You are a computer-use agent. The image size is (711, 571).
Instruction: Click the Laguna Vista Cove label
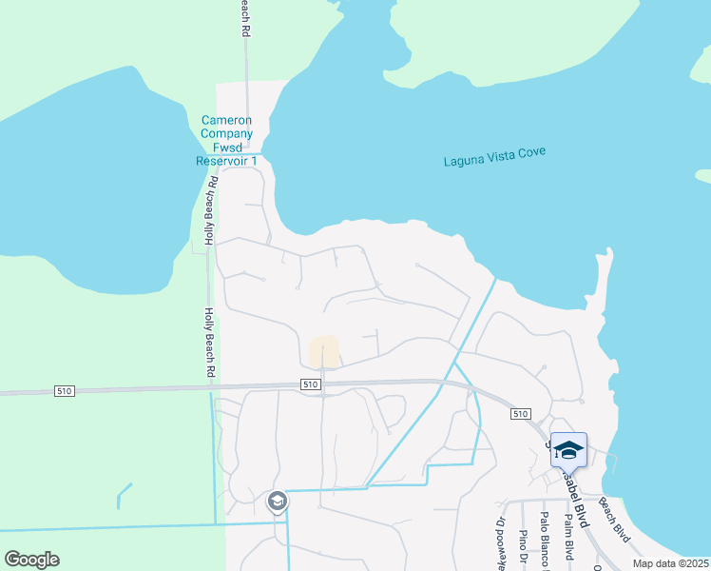click(494, 157)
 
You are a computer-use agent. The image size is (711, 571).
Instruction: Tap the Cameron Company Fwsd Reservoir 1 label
click(227, 141)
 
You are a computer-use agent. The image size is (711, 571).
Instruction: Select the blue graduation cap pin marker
click(568, 449)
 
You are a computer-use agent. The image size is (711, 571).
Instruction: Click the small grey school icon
click(277, 501)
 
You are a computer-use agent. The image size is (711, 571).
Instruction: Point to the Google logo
click(31, 560)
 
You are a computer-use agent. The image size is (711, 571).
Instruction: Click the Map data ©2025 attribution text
click(670, 563)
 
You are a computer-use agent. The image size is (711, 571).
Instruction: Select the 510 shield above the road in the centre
click(309, 384)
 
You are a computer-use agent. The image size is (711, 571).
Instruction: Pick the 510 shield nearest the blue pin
click(519, 414)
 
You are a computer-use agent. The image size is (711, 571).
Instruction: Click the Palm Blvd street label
click(568, 537)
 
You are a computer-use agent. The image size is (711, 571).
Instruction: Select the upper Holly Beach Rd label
click(209, 211)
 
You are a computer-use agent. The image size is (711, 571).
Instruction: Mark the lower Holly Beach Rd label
click(209, 343)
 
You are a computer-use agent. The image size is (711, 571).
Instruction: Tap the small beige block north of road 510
click(324, 350)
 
